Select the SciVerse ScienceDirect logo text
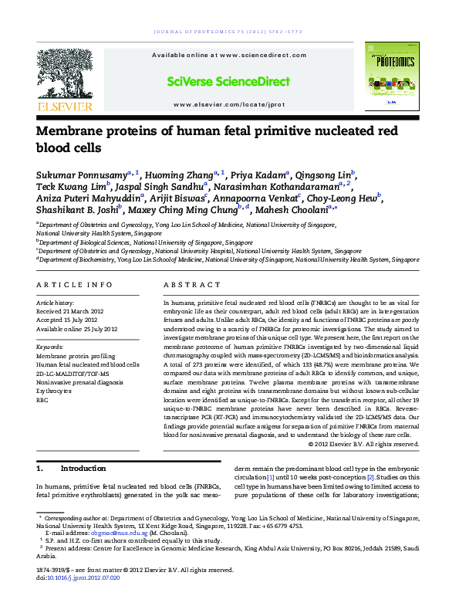pos(229,80)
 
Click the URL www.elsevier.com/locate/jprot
pos(229,103)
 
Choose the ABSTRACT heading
pos(186,285)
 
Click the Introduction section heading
pos(83,469)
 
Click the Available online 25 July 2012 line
pos(77,329)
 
